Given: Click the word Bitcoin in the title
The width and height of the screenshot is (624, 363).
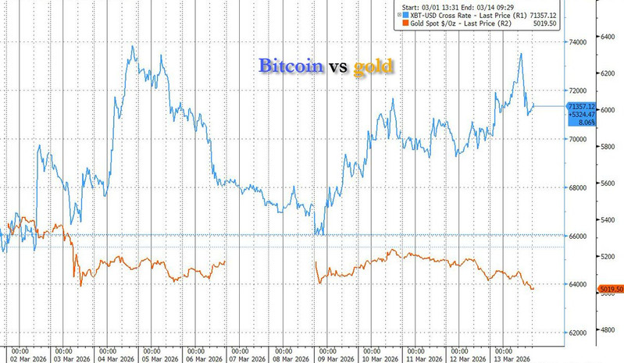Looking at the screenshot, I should coord(291,66).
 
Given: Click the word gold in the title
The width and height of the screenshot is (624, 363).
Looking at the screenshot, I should coord(373,66).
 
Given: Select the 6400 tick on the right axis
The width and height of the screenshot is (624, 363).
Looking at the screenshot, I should coord(609,37).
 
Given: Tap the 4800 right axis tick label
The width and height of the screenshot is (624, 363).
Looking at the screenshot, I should coord(609,330).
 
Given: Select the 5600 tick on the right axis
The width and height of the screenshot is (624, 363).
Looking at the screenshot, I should coord(609,183).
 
